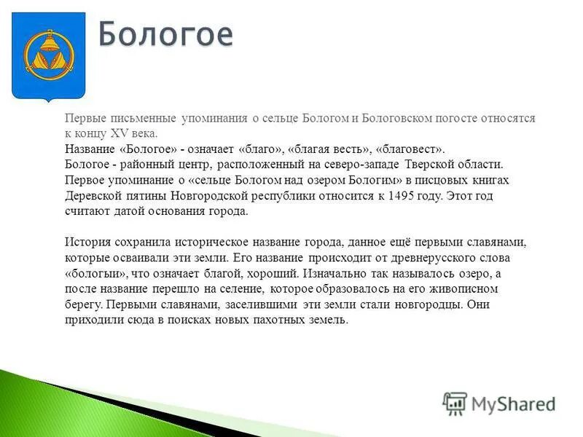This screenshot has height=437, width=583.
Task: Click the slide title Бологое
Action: tap(165, 34)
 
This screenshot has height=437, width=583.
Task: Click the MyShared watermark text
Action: tap(513, 403)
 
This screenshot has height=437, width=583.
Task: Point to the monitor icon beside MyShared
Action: tap(455, 403)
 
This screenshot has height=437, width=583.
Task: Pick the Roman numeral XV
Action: tap(119, 134)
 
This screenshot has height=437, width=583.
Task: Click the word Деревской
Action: tap(92, 196)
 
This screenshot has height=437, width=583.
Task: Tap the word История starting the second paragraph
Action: tap(87, 243)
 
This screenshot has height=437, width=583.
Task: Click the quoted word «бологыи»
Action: tap(97, 274)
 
